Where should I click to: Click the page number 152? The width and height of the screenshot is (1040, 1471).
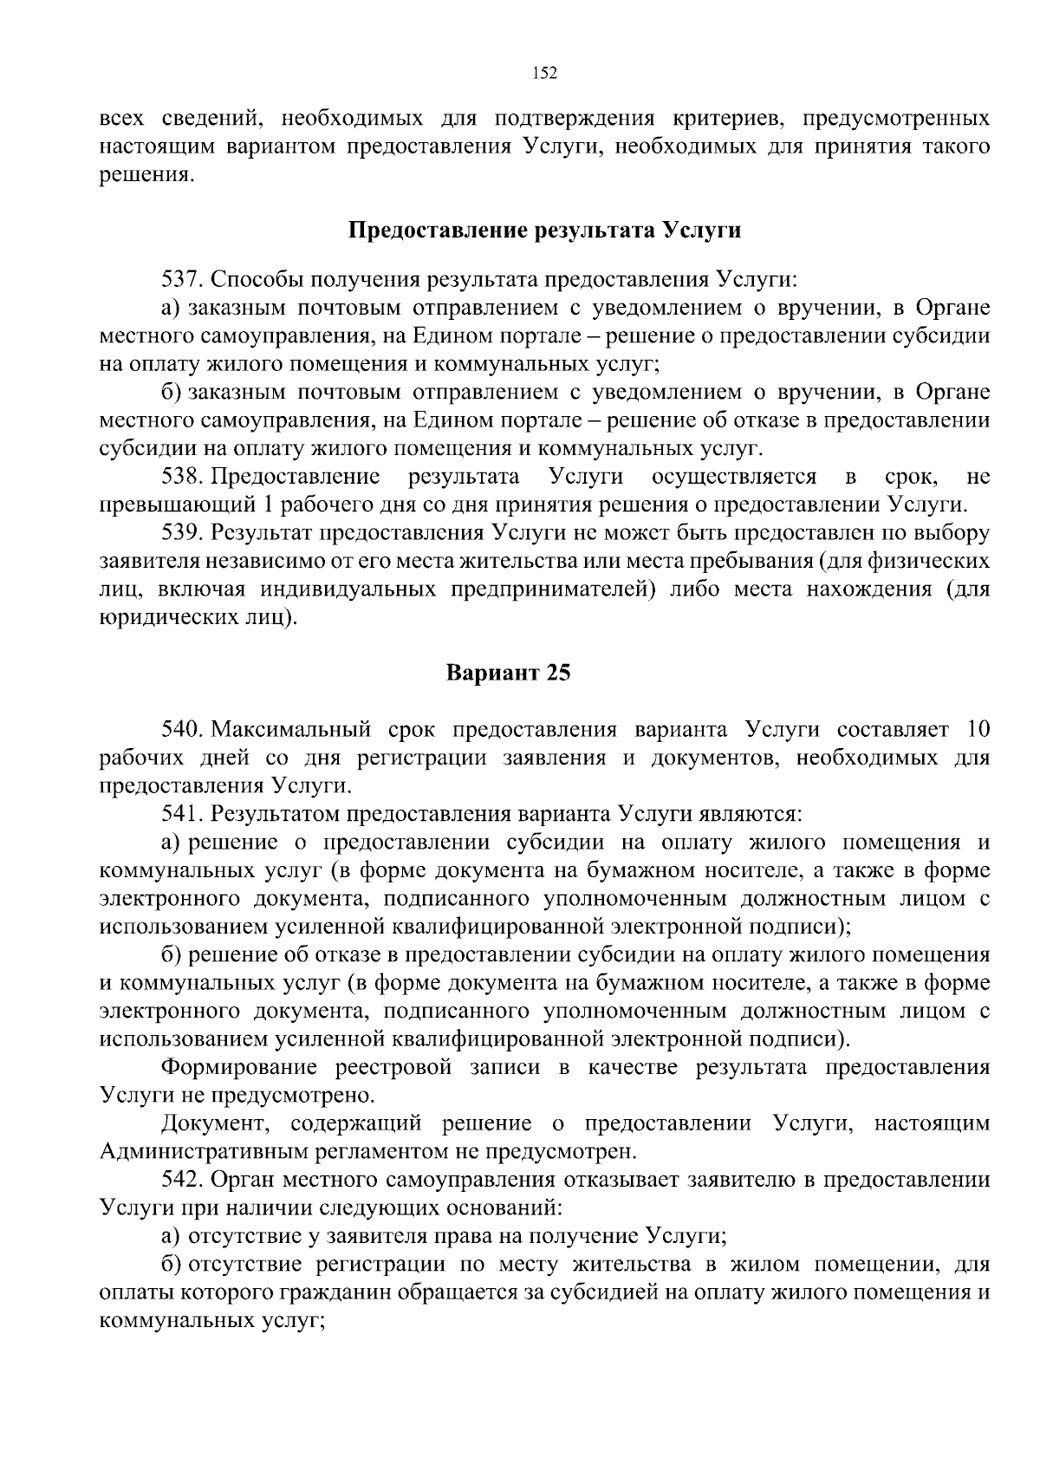pyautogui.click(x=544, y=73)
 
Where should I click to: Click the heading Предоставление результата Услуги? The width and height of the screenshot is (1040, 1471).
pyautogui.click(x=544, y=231)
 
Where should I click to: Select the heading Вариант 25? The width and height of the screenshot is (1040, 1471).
pyautogui.click(x=509, y=673)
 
